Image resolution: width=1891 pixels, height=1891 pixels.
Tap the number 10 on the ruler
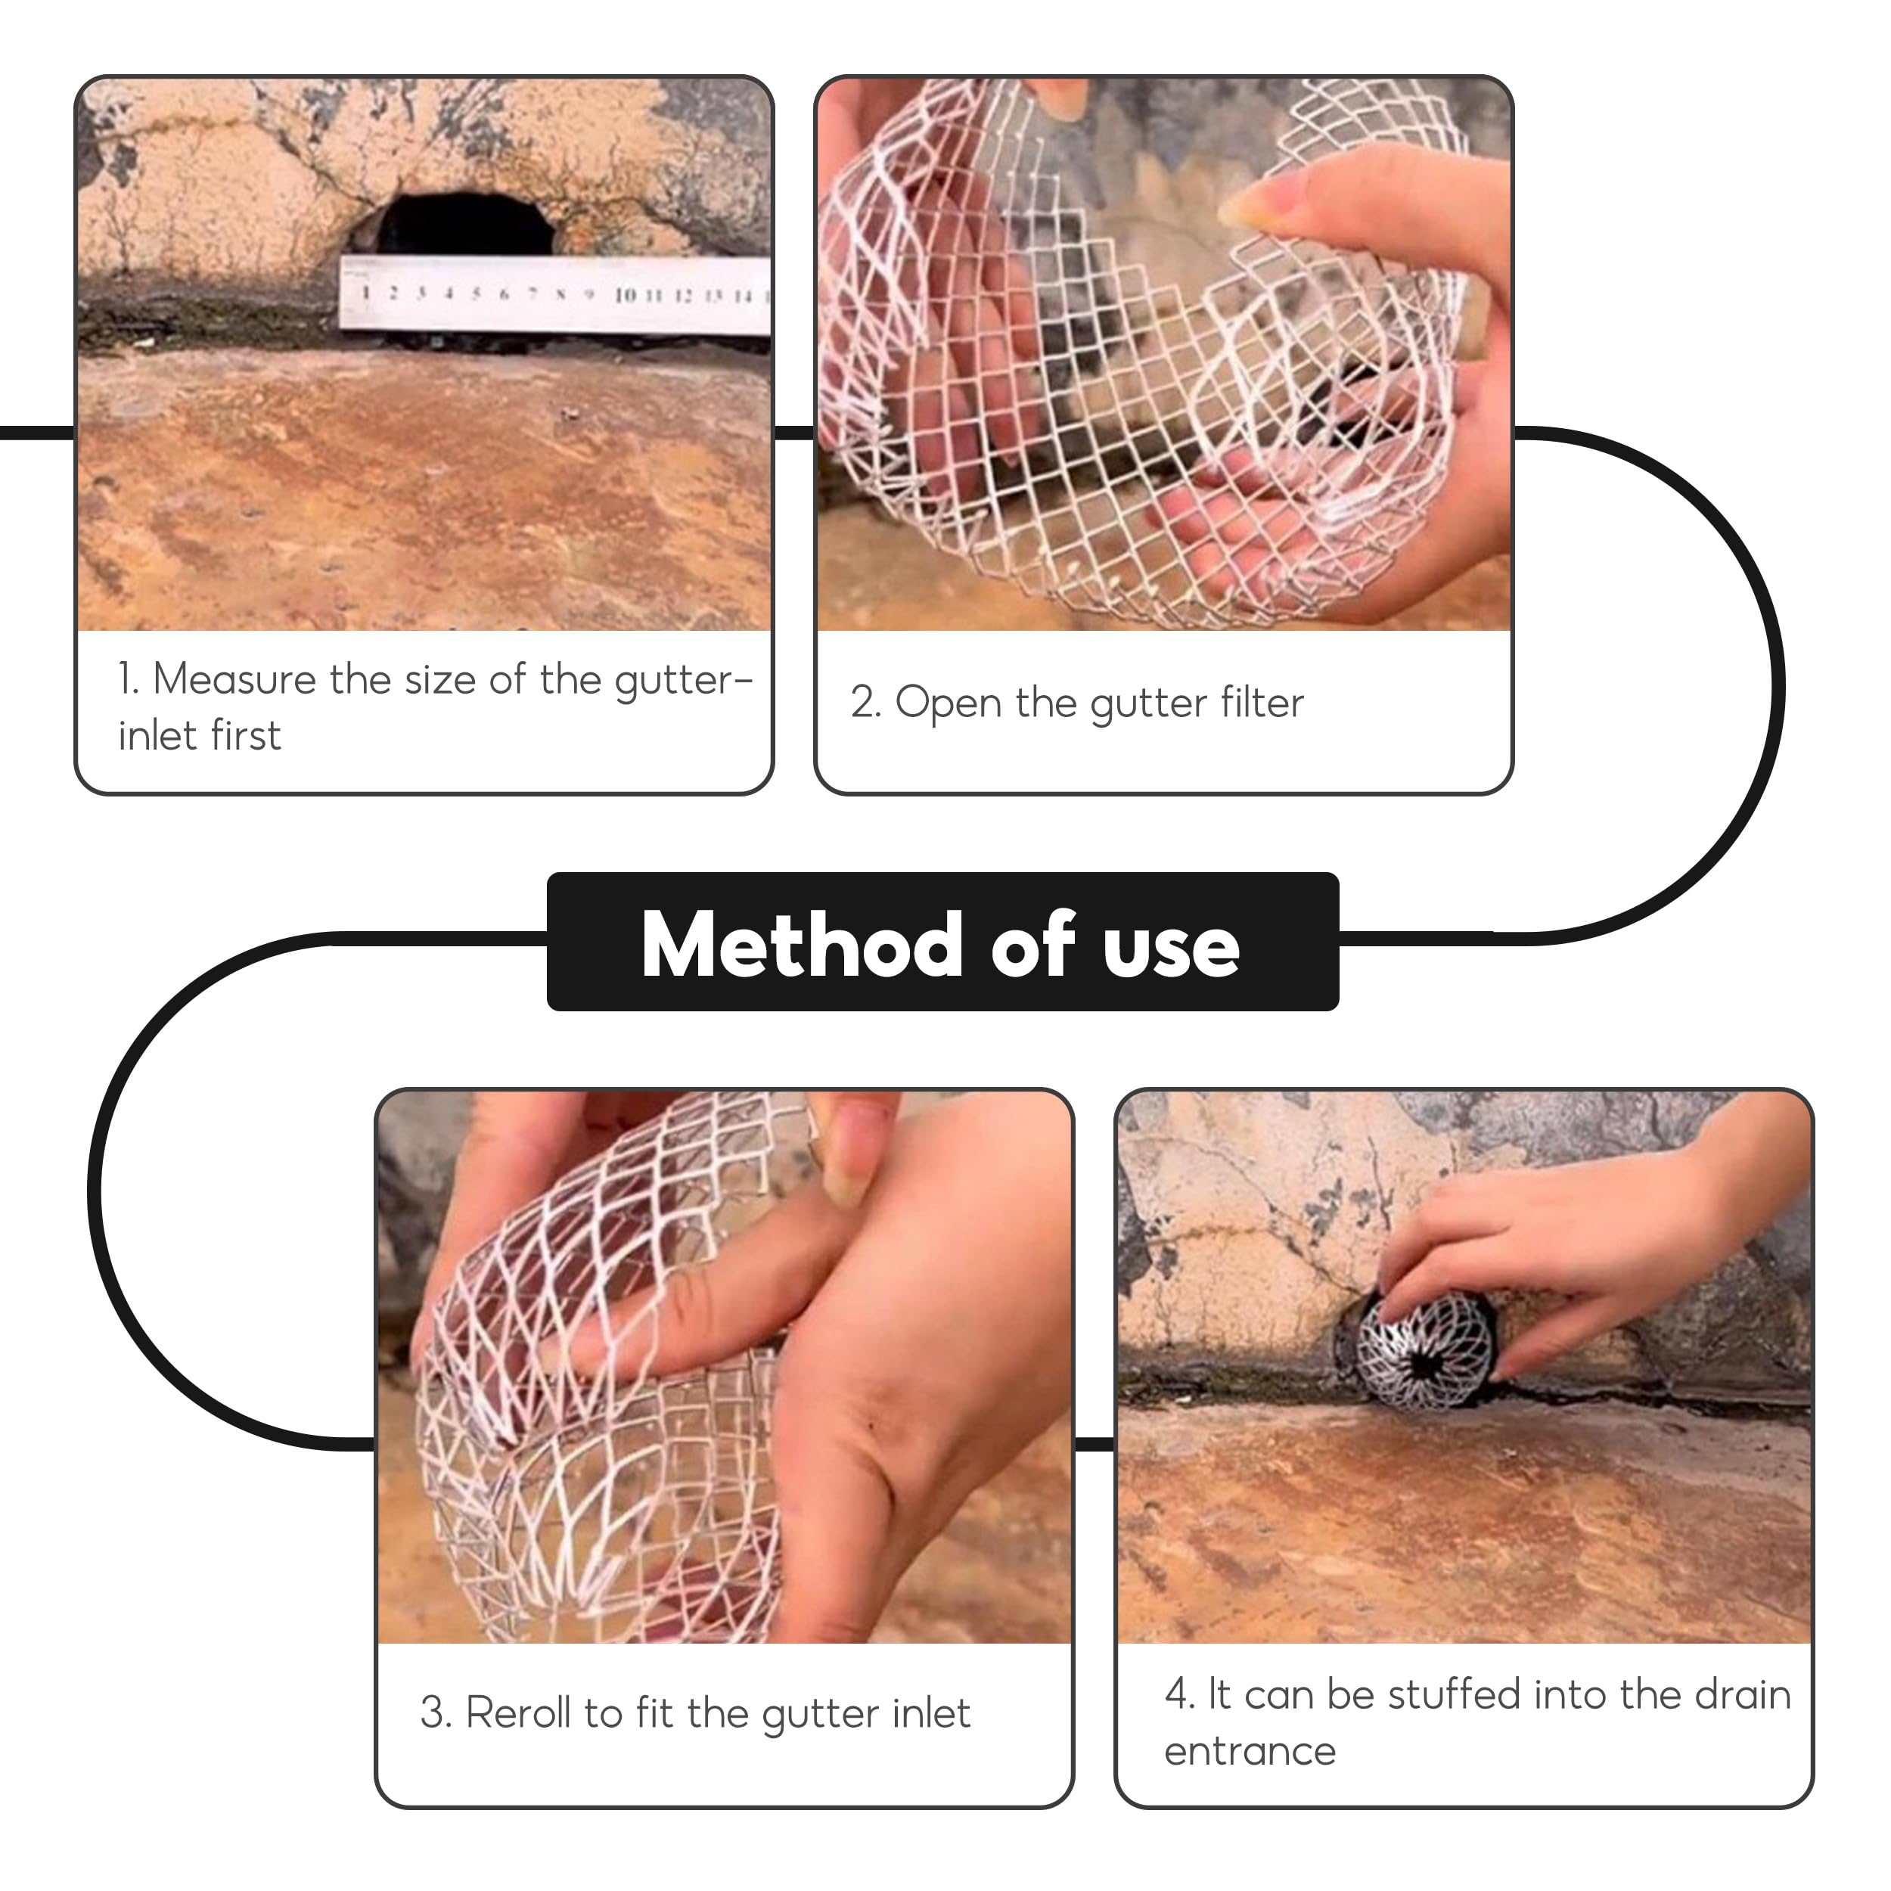pos(626,294)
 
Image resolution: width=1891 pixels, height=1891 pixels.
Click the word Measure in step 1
pos(235,678)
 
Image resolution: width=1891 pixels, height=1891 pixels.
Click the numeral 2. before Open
pos(865,703)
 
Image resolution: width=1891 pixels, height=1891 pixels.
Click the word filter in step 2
pos(1262,702)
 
